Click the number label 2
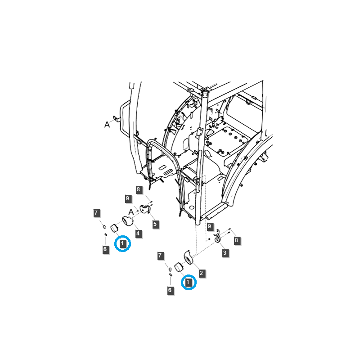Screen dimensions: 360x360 coord(202,273)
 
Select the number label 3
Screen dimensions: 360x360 coord(225,253)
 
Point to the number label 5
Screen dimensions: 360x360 coord(155,224)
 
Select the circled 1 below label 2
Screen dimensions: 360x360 coord(189,282)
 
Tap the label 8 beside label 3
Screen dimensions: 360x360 coord(236,240)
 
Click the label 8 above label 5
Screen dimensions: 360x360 coord(139,189)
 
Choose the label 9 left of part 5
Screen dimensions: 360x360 coord(128,198)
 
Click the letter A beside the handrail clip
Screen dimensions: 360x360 coord(107,125)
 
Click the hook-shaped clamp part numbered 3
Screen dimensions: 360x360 coord(217,236)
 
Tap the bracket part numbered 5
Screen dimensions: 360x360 coord(145,209)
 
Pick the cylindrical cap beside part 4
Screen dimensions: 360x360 coord(114,229)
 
